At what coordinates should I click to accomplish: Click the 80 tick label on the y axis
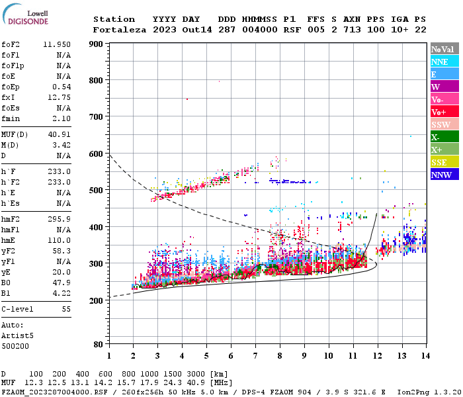coord(98,344)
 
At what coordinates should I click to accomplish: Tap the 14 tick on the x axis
coord(425,355)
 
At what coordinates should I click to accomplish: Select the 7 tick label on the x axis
coord(255,355)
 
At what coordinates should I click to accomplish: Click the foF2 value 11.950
coord(57,44)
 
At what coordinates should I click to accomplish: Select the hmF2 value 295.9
coord(60,219)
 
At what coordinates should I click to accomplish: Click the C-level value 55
coord(65,309)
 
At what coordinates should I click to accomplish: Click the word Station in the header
coord(114,19)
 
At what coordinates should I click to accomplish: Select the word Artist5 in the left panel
coord(16,335)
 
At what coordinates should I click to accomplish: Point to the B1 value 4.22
coord(62,292)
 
